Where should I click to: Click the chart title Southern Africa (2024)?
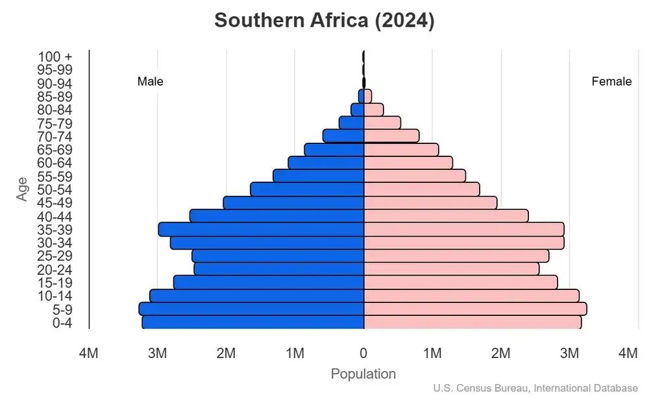(x=324, y=20)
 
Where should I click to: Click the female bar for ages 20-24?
(x=451, y=269)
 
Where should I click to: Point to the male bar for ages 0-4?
(x=253, y=322)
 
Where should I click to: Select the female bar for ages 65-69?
(x=401, y=150)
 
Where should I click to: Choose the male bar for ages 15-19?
(x=269, y=282)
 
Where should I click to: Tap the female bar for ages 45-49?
(x=430, y=203)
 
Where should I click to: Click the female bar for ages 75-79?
(x=382, y=123)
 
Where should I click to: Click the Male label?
(x=151, y=82)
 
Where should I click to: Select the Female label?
(x=611, y=82)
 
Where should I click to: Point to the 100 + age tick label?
(x=55, y=56)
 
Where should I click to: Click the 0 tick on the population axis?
(x=363, y=354)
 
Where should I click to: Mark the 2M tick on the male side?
(x=226, y=354)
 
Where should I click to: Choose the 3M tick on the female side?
(x=570, y=354)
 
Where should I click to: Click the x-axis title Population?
(x=363, y=374)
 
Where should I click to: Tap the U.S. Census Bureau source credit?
(x=535, y=388)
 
